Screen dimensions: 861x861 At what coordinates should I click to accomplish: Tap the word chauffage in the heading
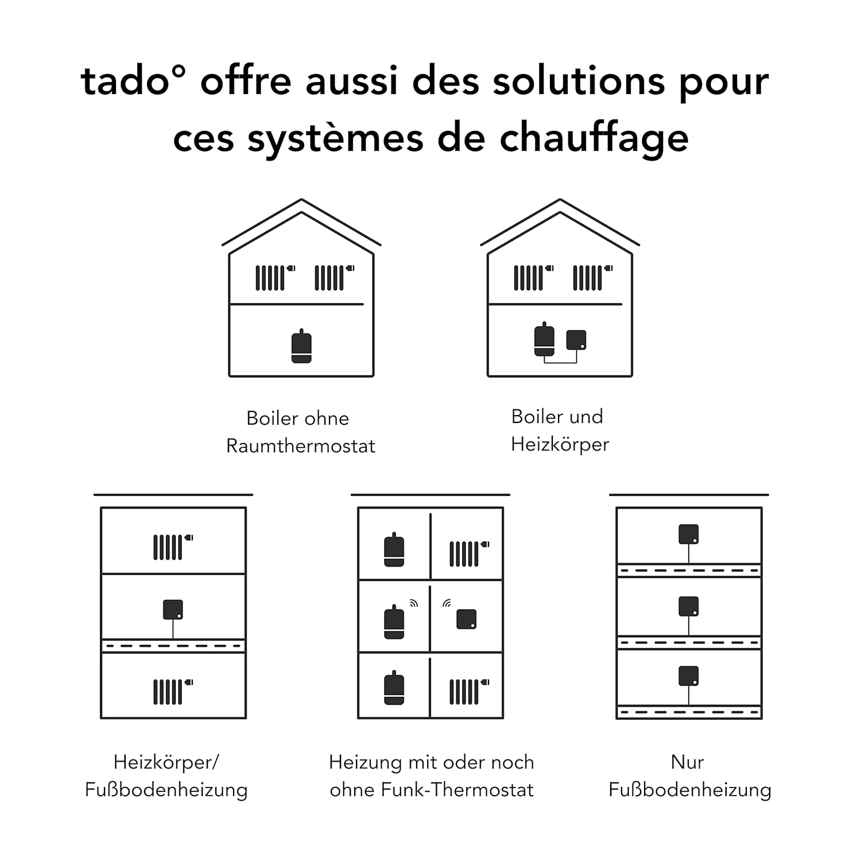click(594, 138)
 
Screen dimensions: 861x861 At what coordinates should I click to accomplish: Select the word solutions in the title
click(579, 80)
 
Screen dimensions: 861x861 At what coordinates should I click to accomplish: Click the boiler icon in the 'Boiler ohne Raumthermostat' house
click(301, 346)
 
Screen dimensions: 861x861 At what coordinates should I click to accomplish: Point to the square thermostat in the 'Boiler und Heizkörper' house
click(576, 340)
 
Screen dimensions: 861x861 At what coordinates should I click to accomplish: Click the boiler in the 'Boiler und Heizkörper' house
click(544, 339)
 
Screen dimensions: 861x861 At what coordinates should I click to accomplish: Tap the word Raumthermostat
click(301, 446)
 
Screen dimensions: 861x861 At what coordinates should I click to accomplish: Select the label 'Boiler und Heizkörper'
click(560, 430)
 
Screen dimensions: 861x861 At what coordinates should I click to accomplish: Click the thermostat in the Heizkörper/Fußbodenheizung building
click(173, 610)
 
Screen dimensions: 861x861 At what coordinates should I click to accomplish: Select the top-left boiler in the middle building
click(394, 549)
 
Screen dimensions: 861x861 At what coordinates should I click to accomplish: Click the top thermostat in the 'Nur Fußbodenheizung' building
click(689, 534)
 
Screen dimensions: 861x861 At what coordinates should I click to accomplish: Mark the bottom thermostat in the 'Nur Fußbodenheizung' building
click(689, 676)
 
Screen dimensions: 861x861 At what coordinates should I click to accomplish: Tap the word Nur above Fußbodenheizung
click(687, 762)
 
